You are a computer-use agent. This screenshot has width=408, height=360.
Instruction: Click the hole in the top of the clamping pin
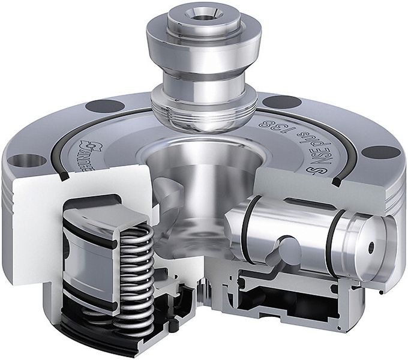click(x=199, y=13)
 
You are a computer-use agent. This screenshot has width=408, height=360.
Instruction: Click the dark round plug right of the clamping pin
click(x=274, y=101)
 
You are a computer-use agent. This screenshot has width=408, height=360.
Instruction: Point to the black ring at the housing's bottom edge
click(x=90, y=334)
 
